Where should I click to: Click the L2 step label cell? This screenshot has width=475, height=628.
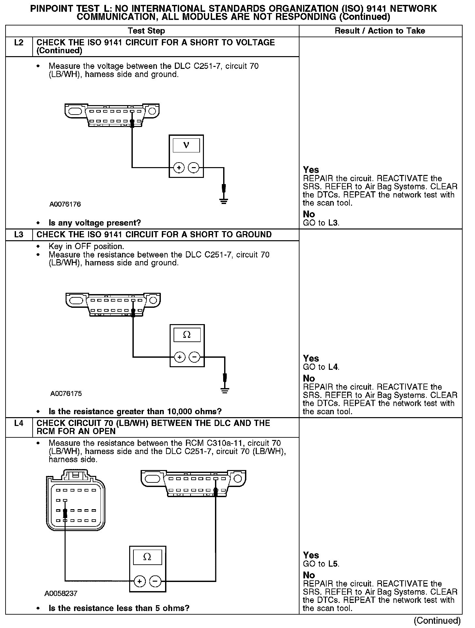click(x=19, y=43)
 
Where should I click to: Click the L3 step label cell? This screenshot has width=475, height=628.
click(x=19, y=235)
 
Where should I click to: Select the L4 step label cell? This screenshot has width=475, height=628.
click(x=19, y=424)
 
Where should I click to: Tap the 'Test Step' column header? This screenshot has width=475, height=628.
click(x=146, y=31)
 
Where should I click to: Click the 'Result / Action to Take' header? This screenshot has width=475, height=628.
click(x=380, y=31)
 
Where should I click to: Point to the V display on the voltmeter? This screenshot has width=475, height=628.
click(x=186, y=145)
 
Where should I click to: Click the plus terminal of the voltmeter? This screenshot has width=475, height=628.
click(x=178, y=168)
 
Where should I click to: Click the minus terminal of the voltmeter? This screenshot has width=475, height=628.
click(x=194, y=168)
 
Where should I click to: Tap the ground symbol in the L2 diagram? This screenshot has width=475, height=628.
click(x=223, y=200)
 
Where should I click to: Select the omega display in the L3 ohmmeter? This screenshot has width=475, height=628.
click(x=187, y=335)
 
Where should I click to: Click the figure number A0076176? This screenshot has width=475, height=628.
click(x=65, y=204)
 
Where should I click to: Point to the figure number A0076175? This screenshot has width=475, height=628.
click(x=66, y=394)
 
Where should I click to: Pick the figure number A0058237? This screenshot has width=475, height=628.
click(x=61, y=593)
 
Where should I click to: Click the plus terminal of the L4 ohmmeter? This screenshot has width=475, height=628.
click(x=140, y=581)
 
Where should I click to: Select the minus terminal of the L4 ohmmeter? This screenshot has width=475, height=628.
click(x=155, y=581)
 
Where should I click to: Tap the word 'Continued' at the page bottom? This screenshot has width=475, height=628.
click(x=437, y=620)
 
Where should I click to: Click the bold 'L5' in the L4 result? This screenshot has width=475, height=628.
click(x=333, y=564)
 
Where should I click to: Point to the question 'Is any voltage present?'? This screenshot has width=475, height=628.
click(x=95, y=223)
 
